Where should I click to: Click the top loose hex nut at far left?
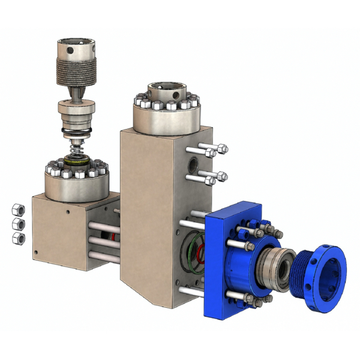pyautogui.click(x=17, y=209)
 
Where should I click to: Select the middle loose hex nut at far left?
pyautogui.click(x=17, y=223)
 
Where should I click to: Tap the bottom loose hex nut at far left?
pyautogui.click(x=17, y=238)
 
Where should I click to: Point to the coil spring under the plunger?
pyautogui.click(x=76, y=147)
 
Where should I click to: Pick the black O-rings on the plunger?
pyautogui.click(x=76, y=131)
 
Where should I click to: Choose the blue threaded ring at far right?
pyautogui.click(x=322, y=279)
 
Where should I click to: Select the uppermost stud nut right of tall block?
pyautogui.click(x=222, y=149)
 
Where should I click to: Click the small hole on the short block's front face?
pyautogui.click(x=67, y=211)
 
